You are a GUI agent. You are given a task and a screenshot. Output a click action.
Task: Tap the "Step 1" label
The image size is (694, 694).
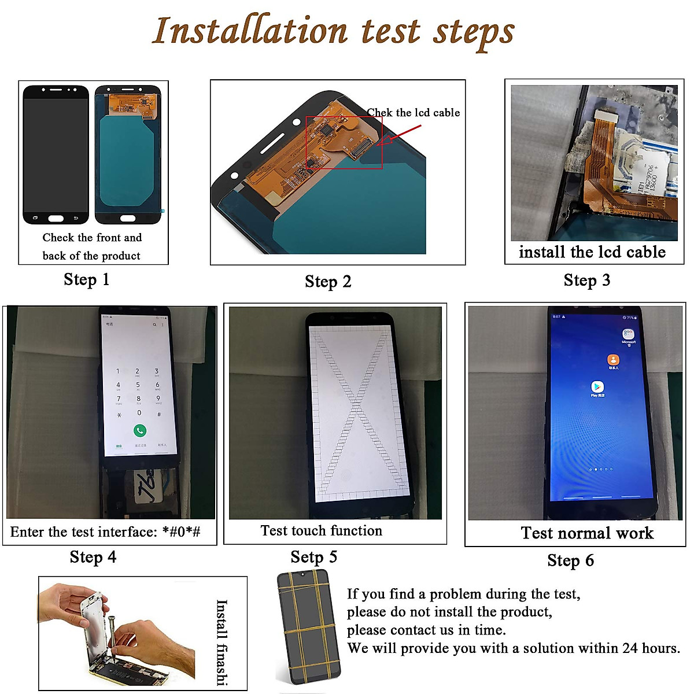pyautogui.click(x=86, y=280)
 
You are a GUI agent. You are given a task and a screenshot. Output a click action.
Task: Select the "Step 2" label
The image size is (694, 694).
pyautogui.click(x=328, y=282)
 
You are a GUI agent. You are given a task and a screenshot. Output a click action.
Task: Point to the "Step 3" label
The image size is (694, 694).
pyautogui.click(x=586, y=280)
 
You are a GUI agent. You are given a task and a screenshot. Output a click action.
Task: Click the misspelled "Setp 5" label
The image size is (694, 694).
pyautogui.click(x=313, y=557)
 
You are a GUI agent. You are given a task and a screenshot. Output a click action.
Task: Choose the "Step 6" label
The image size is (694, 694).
pyautogui.click(x=570, y=560)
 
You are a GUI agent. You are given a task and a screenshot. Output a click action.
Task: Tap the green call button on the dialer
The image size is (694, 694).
pyautogui.click(x=139, y=430)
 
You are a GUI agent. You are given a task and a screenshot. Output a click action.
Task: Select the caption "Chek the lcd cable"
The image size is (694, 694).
pyautogui.click(x=413, y=113)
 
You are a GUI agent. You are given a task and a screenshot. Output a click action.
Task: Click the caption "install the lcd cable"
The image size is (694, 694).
pyautogui.click(x=592, y=252)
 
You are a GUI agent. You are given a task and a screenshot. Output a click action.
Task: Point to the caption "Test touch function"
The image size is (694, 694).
pyautogui.click(x=321, y=531)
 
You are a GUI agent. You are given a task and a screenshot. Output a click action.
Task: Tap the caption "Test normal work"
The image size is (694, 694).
pyautogui.click(x=587, y=533)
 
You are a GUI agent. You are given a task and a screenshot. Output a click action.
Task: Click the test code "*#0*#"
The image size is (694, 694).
pyautogui.click(x=181, y=532)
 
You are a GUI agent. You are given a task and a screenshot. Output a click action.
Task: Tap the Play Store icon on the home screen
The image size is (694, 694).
pyautogui.click(x=597, y=387)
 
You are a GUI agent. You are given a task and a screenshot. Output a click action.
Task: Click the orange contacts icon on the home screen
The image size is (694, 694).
pyautogui.click(x=613, y=360)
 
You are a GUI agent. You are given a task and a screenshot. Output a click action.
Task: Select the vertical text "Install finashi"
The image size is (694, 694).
pyautogui.click(x=222, y=642)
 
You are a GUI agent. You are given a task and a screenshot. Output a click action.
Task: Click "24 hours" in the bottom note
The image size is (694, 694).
pyautogui.click(x=650, y=648)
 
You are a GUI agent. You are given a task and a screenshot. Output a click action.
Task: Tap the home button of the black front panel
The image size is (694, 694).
pyautogui.click(x=56, y=219)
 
